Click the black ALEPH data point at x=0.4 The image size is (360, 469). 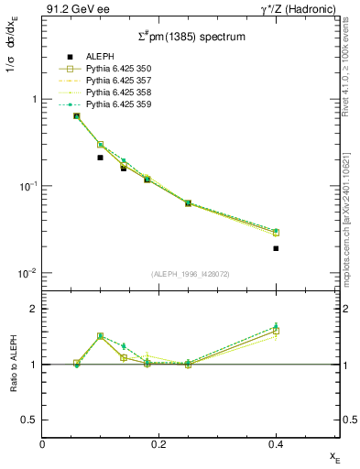[276, 248]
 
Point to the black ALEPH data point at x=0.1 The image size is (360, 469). [100, 158]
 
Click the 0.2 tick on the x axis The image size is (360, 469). [159, 444]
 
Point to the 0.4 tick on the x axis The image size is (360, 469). [276, 444]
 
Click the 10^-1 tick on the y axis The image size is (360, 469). [30, 186]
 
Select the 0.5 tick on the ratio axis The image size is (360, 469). [30, 420]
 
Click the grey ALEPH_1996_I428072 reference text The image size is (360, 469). [190, 274]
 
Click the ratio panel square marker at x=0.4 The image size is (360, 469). [276, 331]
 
